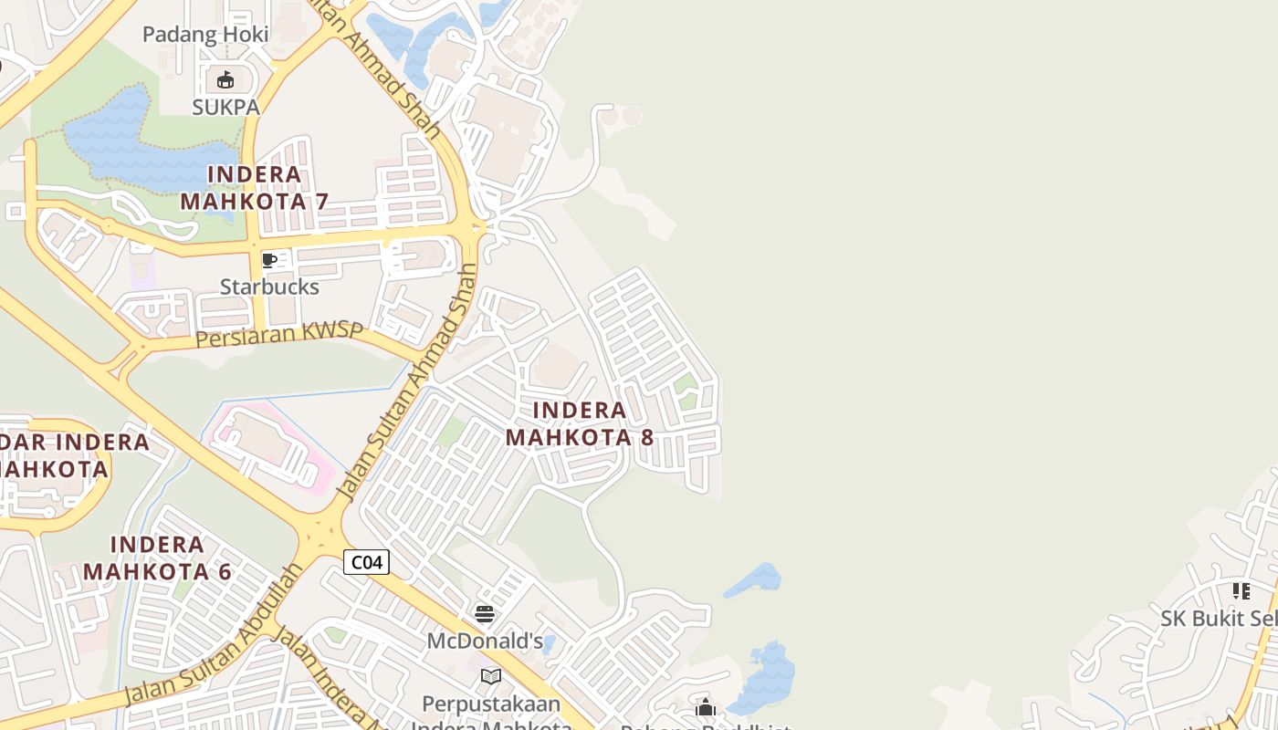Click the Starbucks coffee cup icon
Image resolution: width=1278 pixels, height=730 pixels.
(269, 261)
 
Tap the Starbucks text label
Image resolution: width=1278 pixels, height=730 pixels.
(269, 287)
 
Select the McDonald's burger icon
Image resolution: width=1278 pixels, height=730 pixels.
(485, 614)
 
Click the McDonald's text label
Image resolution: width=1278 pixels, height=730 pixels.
(485, 641)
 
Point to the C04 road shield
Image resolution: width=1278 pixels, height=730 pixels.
(366, 562)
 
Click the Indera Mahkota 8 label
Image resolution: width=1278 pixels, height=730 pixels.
(580, 423)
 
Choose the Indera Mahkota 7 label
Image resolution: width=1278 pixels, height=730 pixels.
(254, 188)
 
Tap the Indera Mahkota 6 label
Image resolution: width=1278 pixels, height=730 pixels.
(158, 558)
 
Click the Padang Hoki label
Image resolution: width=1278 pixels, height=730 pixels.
(205, 35)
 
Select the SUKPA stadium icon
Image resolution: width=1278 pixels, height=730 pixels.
(225, 80)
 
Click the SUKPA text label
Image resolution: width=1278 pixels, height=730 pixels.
(225, 107)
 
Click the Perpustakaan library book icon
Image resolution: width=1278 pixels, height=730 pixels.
(491, 676)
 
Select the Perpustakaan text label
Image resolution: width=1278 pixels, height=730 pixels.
(491, 704)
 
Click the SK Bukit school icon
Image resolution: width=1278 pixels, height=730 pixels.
(1241, 591)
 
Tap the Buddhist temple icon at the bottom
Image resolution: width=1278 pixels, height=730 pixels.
(705, 708)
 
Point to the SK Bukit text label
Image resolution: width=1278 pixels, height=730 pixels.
(1219, 619)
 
